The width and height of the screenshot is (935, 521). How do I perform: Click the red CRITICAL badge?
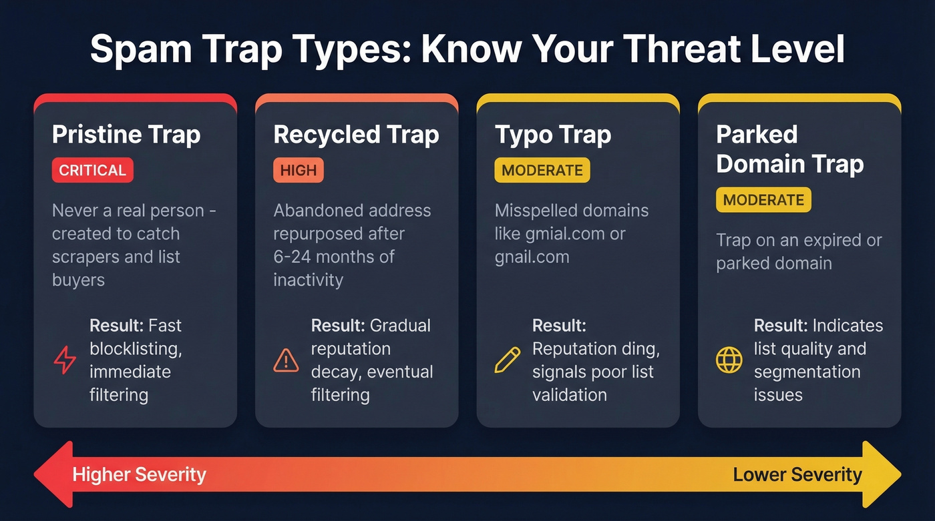tap(92, 170)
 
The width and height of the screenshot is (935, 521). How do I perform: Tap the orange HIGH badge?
tap(298, 170)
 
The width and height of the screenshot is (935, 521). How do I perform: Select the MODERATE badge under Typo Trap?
tap(542, 170)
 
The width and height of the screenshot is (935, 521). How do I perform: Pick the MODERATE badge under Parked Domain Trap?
tap(763, 199)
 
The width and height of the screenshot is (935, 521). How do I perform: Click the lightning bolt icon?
tap(65, 360)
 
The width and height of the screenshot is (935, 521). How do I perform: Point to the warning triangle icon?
tap(287, 360)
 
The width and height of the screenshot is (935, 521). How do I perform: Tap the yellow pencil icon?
tap(507, 360)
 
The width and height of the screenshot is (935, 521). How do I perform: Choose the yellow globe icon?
tap(729, 360)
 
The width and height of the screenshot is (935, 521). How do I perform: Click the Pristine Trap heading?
tap(126, 135)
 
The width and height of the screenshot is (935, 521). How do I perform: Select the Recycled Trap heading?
tap(356, 135)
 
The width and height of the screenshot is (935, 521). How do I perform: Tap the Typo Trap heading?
tap(553, 135)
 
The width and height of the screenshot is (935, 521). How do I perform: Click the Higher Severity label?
tap(139, 475)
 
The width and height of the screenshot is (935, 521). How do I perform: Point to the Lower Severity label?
tap(797, 475)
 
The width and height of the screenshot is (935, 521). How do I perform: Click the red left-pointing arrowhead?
tap(50, 474)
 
